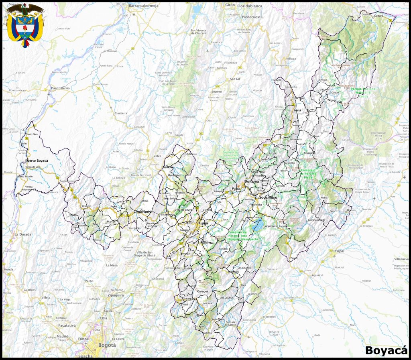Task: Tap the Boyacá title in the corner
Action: click(386, 350)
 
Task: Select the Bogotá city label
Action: click(106, 345)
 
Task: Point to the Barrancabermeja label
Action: click(144, 6)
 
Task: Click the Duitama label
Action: click(252, 181)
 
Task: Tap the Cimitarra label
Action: click(120, 113)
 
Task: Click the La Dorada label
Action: click(23, 234)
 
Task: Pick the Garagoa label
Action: click(203, 291)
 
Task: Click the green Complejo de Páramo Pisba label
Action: click(313, 173)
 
